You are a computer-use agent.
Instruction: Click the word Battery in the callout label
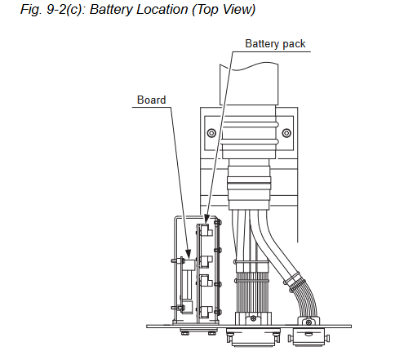tap(261, 44)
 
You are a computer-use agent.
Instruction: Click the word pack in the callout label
tap(294, 43)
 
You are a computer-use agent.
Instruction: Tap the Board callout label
tap(151, 100)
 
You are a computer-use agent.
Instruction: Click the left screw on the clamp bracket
tap(211, 133)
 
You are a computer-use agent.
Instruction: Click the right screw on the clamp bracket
tap(286, 133)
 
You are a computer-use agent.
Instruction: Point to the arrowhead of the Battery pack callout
tap(206, 219)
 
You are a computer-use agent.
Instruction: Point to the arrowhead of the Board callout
tap(188, 254)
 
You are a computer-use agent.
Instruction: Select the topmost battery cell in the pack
tap(206, 231)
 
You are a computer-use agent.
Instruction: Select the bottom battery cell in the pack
tap(206, 312)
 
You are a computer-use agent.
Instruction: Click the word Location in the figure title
tap(162, 10)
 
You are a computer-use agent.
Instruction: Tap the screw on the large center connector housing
tap(253, 318)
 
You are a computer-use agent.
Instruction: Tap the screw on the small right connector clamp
tap(308, 322)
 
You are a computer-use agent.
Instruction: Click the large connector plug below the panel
tap(253, 337)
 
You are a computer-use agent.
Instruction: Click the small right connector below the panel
tap(308, 337)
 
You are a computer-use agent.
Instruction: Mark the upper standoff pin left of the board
tap(177, 260)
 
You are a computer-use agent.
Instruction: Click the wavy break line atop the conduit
tap(249, 66)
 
